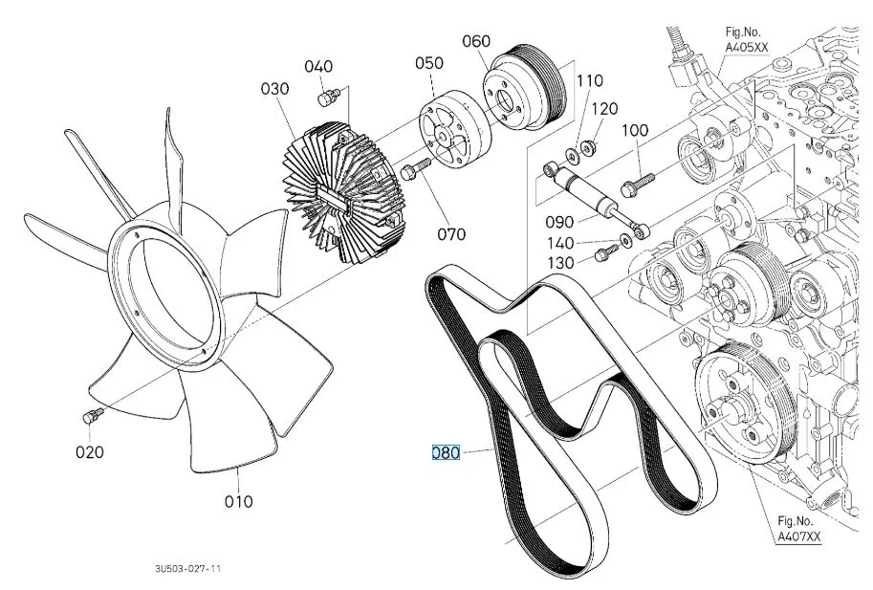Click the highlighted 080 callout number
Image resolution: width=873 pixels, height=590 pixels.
point(447,452)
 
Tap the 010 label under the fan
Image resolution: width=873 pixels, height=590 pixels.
point(239,500)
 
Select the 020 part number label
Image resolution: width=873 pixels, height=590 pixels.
point(90,451)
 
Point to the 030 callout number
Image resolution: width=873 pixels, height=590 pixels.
point(273,89)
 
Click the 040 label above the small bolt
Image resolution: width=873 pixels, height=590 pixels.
point(318,66)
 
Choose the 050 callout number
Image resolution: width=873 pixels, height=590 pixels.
point(428,63)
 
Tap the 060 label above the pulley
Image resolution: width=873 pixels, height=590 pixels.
point(476,41)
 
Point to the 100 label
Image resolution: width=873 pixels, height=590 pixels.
point(636,130)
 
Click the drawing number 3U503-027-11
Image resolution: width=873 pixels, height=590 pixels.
point(188,568)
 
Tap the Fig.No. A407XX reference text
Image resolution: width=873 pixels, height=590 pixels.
point(798,529)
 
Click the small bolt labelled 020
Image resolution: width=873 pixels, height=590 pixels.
point(93,415)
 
